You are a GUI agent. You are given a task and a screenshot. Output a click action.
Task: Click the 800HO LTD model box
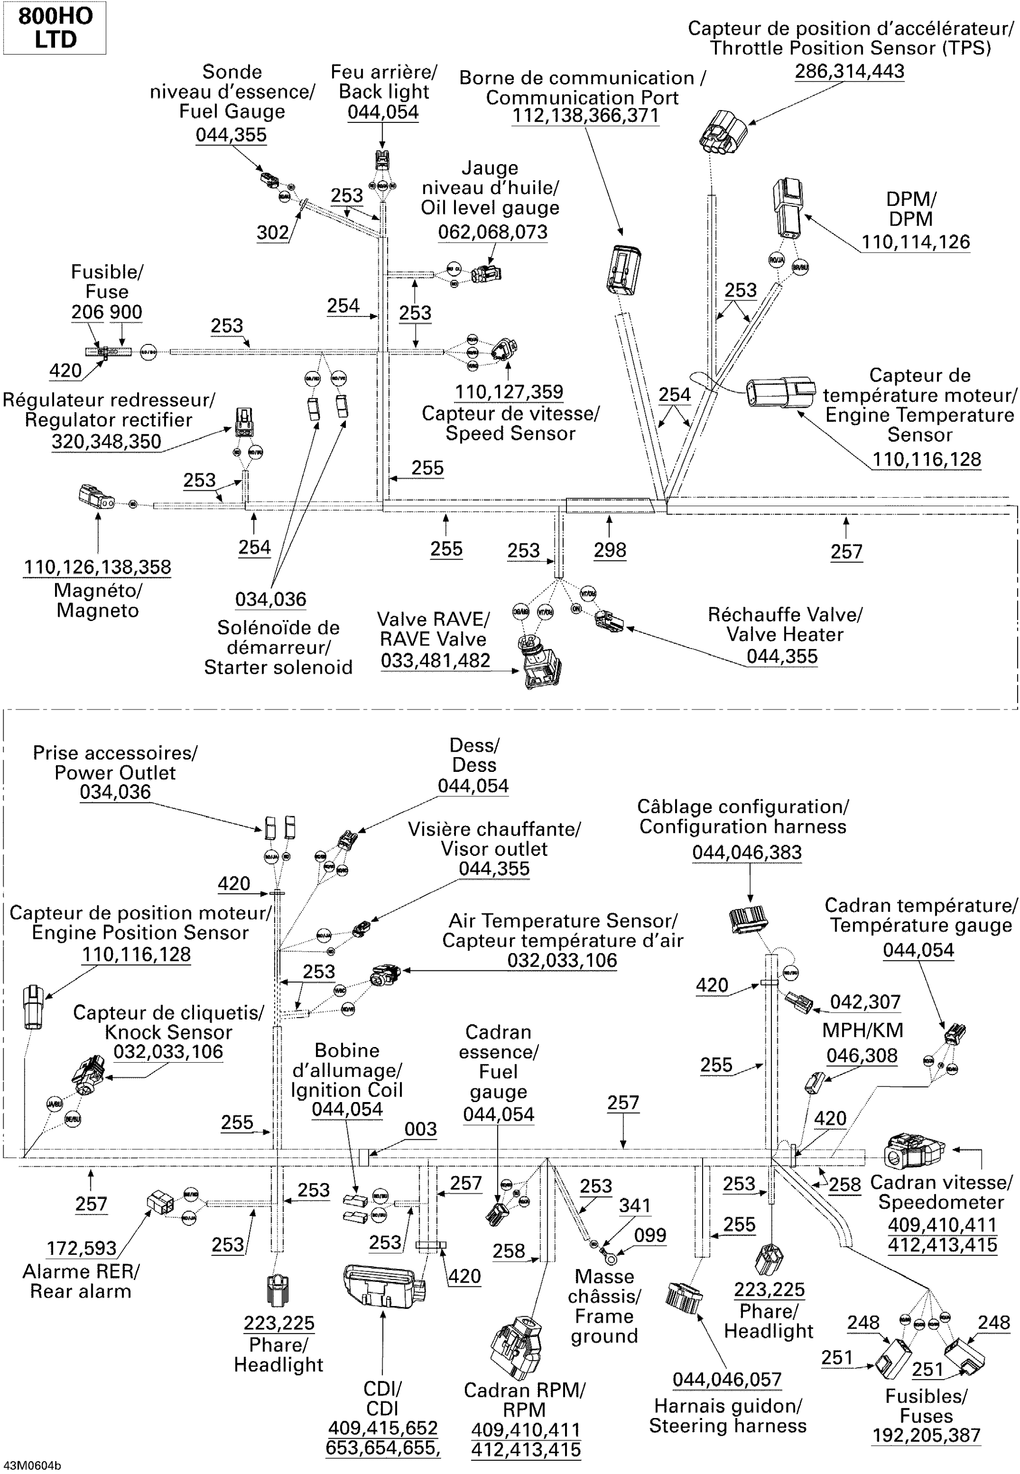(55, 28)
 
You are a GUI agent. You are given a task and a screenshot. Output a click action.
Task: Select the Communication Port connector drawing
(623, 270)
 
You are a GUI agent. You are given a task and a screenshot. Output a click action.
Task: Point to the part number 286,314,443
(850, 72)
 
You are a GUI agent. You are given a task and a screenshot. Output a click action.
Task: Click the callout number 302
(273, 232)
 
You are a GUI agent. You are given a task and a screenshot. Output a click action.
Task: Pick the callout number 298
(610, 550)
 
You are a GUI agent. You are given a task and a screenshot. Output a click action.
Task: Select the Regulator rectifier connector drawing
(244, 423)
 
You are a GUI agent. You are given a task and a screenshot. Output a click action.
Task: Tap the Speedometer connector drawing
(914, 1151)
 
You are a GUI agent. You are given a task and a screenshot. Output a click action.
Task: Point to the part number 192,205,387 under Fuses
(926, 1435)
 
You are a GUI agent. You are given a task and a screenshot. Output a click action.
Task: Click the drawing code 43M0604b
(32, 1466)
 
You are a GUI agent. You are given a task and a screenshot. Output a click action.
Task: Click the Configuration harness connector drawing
(747, 919)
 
